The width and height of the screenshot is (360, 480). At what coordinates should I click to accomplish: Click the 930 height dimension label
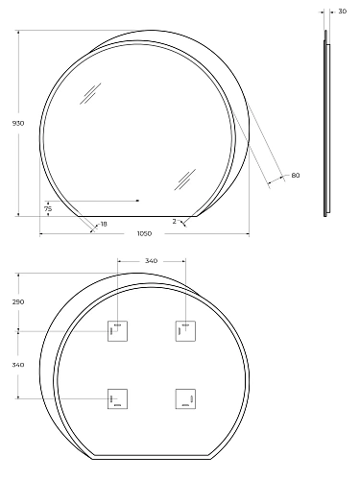point(18,123)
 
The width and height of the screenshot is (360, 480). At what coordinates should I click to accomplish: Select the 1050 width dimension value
point(144,233)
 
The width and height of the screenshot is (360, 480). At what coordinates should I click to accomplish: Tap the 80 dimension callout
point(296,176)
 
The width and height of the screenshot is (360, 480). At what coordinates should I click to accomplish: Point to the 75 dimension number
point(48,209)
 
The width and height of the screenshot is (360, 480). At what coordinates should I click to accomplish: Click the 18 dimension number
point(104,224)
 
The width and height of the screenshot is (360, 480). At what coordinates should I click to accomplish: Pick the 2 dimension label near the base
point(174,221)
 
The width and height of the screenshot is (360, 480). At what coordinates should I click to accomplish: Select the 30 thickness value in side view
point(342,12)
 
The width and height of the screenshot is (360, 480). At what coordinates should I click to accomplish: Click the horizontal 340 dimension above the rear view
point(151,261)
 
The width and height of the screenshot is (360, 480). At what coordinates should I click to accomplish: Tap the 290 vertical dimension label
point(18,301)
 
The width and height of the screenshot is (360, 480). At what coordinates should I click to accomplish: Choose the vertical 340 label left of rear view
point(18,365)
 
